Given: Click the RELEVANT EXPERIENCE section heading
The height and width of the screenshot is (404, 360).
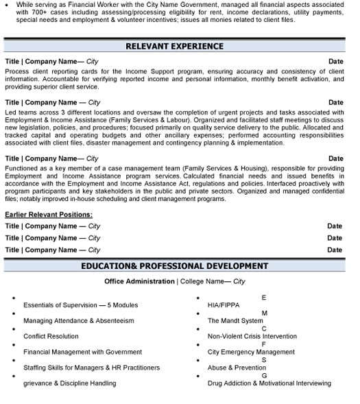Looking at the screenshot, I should (174, 47).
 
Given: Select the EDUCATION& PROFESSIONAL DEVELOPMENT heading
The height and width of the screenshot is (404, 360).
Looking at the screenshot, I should (174, 266).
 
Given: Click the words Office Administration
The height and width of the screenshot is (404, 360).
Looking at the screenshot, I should (139, 281).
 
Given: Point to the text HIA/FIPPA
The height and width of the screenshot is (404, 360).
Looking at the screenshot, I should (224, 305).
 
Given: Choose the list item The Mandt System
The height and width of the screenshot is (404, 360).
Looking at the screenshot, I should (235, 320).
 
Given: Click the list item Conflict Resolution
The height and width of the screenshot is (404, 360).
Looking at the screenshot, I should (51, 336).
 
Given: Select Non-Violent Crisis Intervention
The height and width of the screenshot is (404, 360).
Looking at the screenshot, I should (252, 336).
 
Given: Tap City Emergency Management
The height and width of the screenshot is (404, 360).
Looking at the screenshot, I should (251, 352).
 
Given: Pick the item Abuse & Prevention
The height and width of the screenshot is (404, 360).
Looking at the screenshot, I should (237, 368).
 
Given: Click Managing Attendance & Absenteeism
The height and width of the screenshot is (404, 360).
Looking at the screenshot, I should (78, 320).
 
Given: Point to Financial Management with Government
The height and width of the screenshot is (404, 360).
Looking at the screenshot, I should (82, 352).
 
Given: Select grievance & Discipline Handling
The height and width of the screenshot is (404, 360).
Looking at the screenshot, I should (69, 383).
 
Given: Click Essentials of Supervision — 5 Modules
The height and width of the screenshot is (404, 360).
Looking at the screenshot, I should (80, 305).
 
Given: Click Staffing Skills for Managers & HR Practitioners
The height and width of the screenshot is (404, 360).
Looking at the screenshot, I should (91, 368).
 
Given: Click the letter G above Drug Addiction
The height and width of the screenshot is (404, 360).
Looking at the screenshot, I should (264, 375).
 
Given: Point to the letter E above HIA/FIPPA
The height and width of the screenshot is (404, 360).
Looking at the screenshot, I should (264, 297).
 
